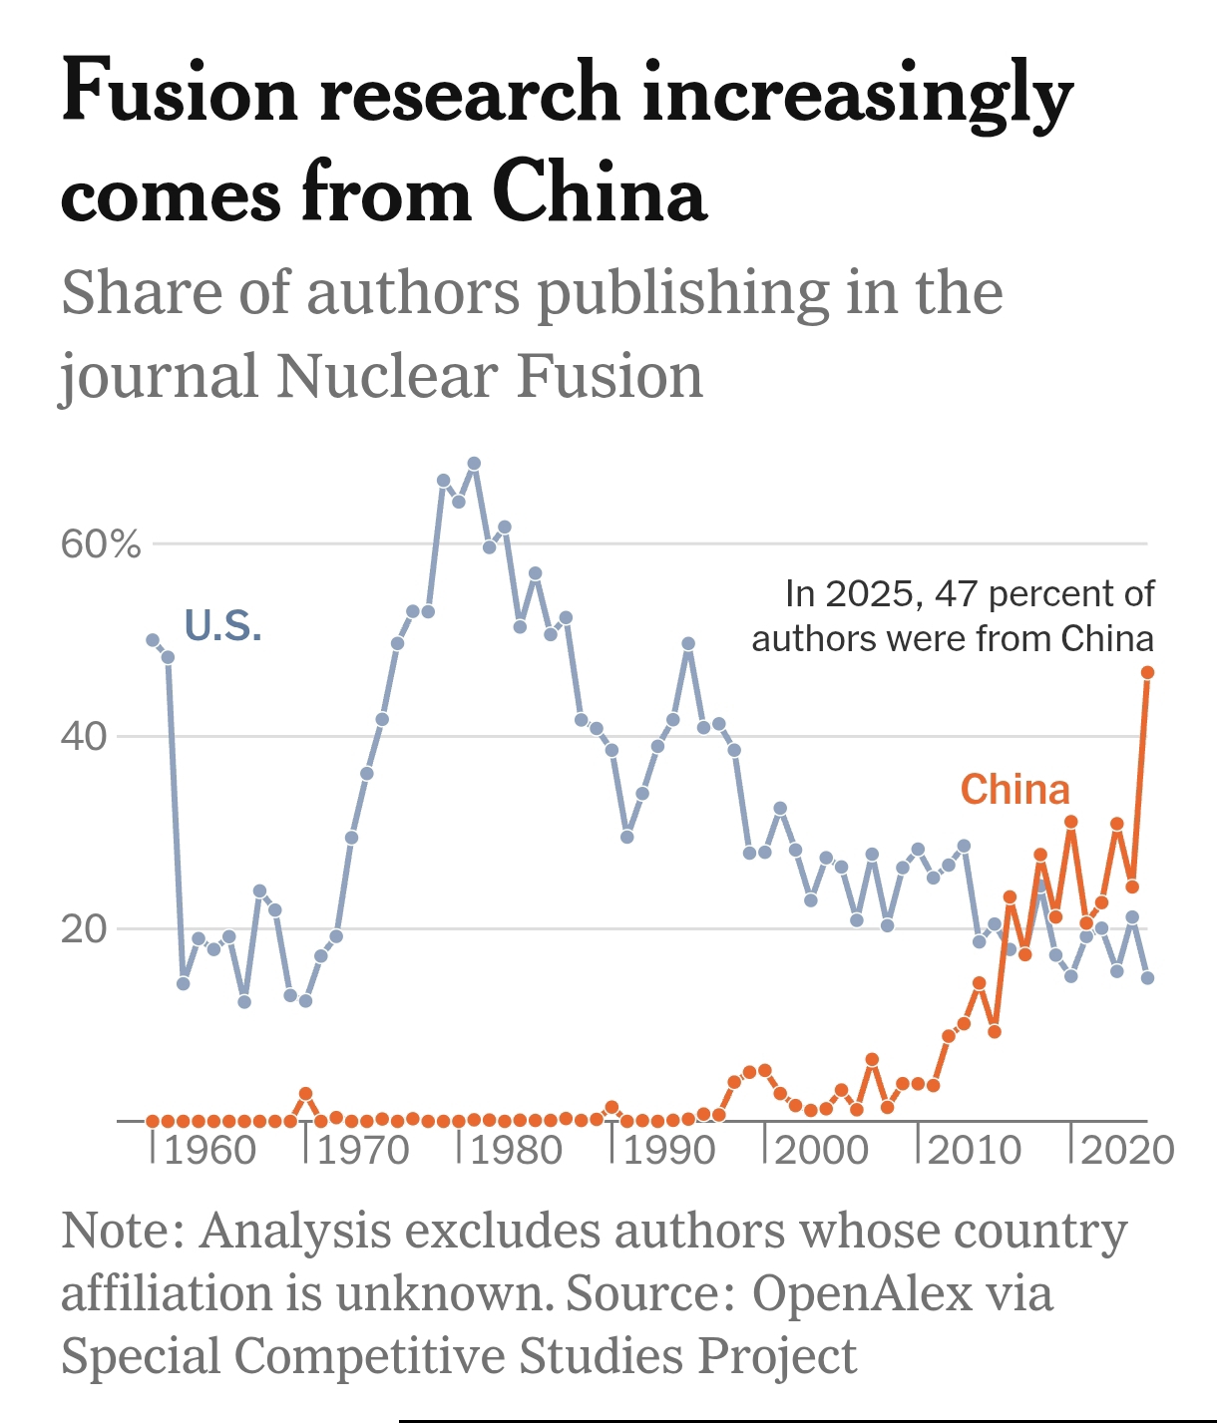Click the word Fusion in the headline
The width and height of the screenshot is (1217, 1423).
[x=181, y=93]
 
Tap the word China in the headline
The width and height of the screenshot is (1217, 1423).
[x=599, y=193]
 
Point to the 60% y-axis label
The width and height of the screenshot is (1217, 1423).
[x=101, y=545]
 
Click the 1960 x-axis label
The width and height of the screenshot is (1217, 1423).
[x=209, y=1150]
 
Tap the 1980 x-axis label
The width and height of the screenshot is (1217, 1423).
[x=515, y=1150]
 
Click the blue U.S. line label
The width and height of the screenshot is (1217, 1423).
[x=222, y=626]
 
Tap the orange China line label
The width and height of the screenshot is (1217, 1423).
[x=1014, y=790]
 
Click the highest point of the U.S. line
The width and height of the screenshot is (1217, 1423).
[x=474, y=464]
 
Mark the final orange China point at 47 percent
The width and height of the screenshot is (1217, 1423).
[x=1147, y=673]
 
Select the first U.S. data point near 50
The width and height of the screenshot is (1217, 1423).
[x=153, y=640]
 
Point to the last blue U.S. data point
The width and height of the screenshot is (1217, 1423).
[x=1147, y=978]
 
